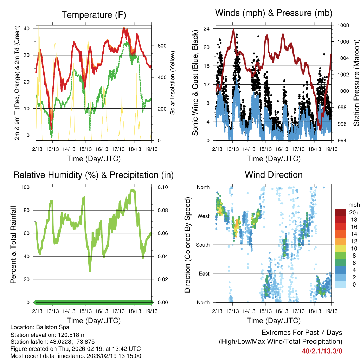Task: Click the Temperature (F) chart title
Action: pyautogui.click(x=94, y=15)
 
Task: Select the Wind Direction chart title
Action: pyautogui.click(x=274, y=175)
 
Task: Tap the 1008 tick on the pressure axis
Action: pyautogui.click(x=343, y=25)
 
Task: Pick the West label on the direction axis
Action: pyautogui.click(x=203, y=216)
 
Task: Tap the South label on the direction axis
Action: pyautogui.click(x=202, y=245)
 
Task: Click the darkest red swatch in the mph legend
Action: pyautogui.click(x=340, y=212)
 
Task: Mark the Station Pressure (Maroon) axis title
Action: pyautogui.click(x=356, y=83)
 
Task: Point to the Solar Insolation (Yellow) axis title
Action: pyautogui.click(x=173, y=83)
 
